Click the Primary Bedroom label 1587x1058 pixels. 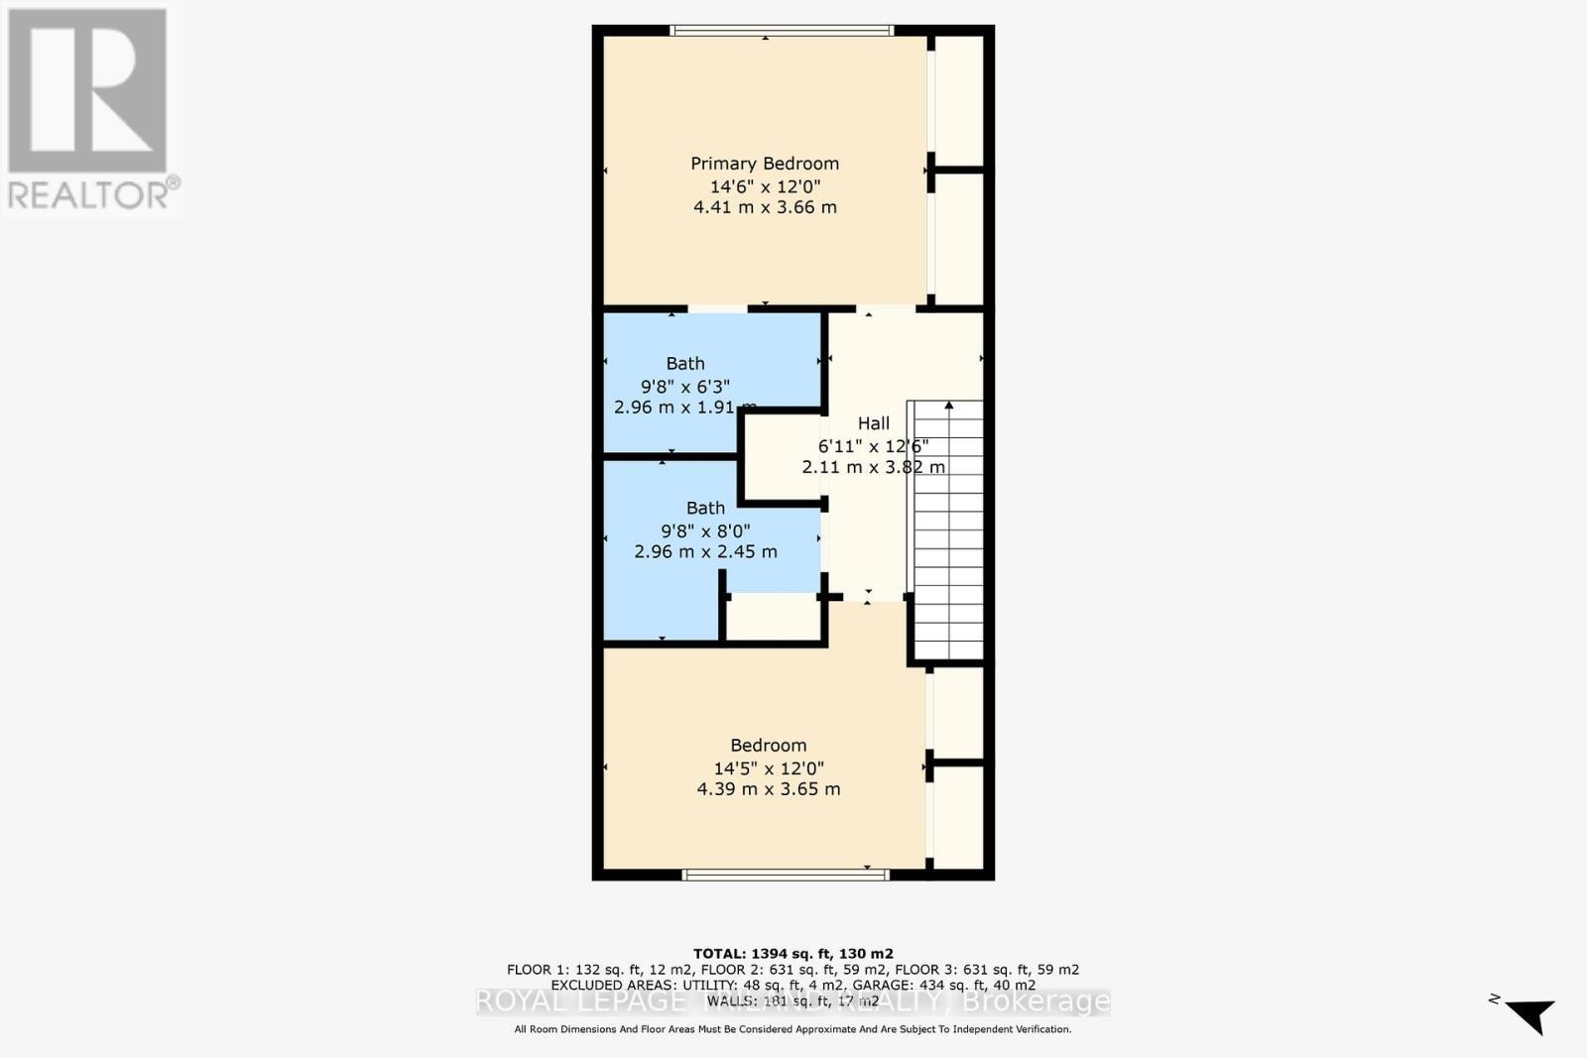(x=765, y=164)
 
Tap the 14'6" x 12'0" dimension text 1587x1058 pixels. (x=765, y=186)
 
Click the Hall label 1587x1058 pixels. (x=874, y=423)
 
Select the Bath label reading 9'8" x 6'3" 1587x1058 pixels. (x=685, y=364)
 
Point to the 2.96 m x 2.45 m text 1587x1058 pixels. (x=705, y=551)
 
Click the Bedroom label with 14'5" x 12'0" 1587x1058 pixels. (x=768, y=746)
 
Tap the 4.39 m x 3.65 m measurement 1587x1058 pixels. (x=768, y=789)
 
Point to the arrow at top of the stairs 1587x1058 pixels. (x=949, y=406)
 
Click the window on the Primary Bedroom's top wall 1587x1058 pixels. (x=783, y=31)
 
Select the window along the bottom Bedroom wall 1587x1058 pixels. (x=785, y=875)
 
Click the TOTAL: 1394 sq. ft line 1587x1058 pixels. (x=793, y=954)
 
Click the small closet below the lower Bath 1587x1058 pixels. (x=773, y=618)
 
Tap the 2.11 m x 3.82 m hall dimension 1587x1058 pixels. (x=873, y=467)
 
